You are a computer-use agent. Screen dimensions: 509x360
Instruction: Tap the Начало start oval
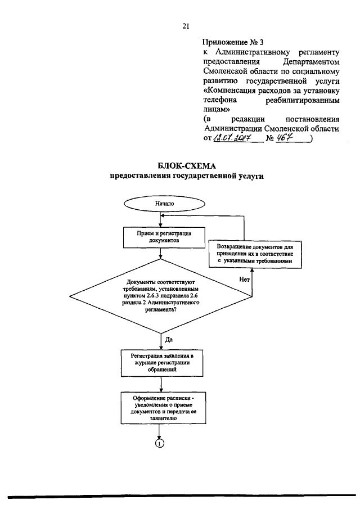pyautogui.click(x=161, y=204)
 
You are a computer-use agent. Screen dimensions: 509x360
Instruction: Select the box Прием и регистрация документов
pyautogui.click(x=161, y=236)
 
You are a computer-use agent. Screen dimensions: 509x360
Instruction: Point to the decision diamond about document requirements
pyautogui.click(x=161, y=298)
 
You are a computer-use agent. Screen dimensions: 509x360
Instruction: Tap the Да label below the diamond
pyautogui.click(x=169, y=340)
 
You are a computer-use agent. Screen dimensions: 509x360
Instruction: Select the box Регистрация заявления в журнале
pyautogui.click(x=161, y=363)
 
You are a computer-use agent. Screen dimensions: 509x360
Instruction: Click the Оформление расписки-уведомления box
pyautogui.click(x=161, y=408)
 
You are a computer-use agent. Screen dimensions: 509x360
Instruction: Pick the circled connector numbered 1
pyautogui.click(x=160, y=444)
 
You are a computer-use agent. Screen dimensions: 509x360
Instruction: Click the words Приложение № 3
pyautogui.click(x=232, y=41)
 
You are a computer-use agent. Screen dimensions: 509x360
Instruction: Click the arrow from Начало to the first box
pyautogui.click(x=161, y=219)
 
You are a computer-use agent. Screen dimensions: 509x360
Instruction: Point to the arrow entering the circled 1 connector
pyautogui.click(x=161, y=432)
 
